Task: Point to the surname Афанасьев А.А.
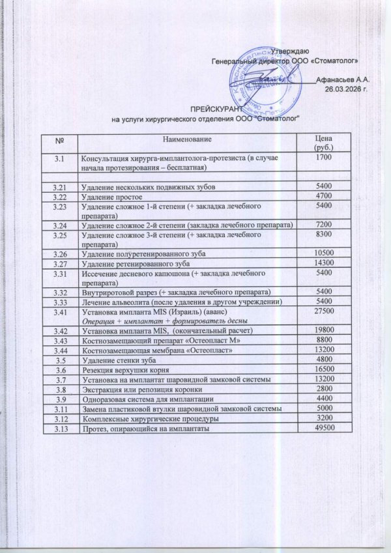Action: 343,79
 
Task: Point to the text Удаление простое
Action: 111,196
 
